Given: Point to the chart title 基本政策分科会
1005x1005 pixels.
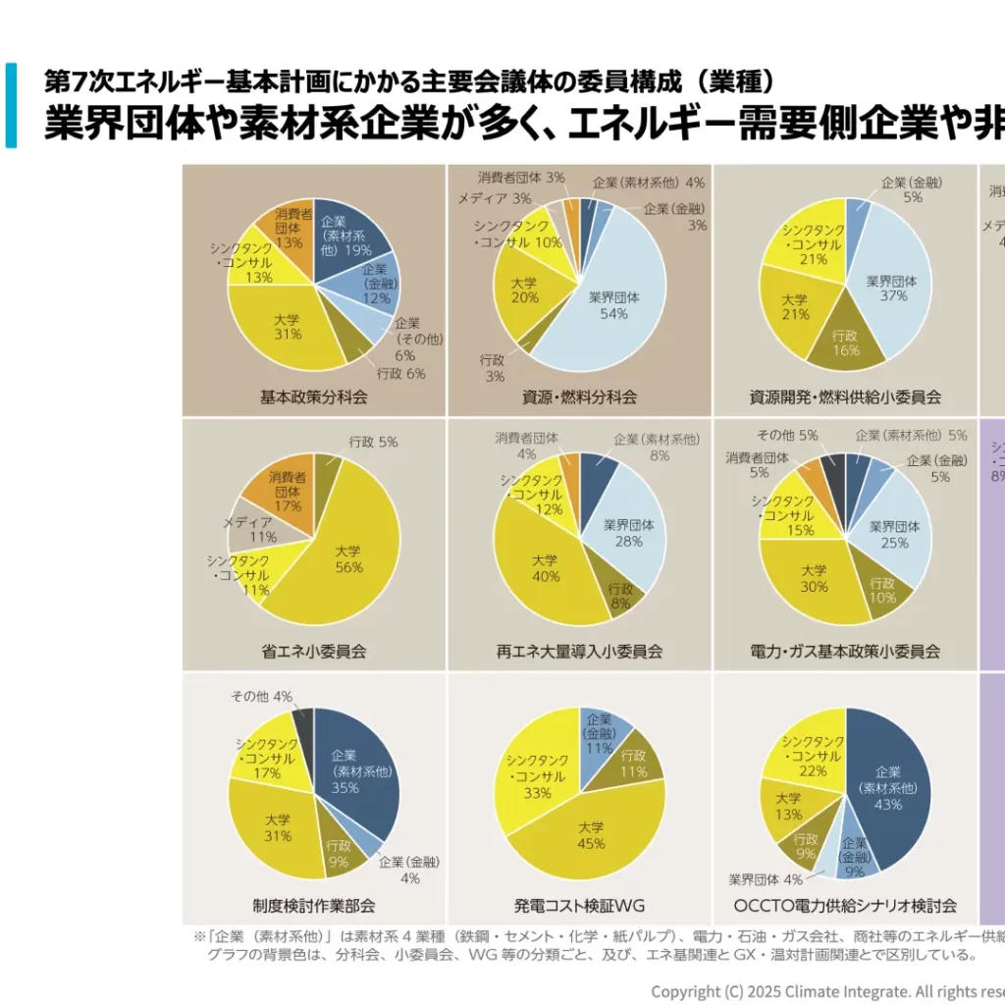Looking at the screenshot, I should pyautogui.click(x=313, y=397).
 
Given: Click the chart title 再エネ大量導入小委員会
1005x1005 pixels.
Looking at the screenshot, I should pyautogui.click(x=579, y=651).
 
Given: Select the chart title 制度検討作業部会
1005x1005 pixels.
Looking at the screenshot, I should pyautogui.click(x=313, y=905).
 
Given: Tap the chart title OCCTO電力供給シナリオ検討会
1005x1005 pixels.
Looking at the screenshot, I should pyautogui.click(x=845, y=905).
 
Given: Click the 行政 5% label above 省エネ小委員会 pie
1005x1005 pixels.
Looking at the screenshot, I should pyautogui.click(x=373, y=442).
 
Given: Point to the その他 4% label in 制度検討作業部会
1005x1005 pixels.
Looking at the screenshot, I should pyautogui.click(x=261, y=696).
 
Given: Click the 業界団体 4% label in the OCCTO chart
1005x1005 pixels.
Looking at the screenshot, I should pyautogui.click(x=766, y=879).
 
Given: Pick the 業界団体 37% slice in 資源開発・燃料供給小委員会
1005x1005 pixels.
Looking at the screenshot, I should pyautogui.click(x=888, y=290).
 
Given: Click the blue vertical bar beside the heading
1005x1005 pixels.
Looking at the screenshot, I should pyautogui.click(x=11, y=105).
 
